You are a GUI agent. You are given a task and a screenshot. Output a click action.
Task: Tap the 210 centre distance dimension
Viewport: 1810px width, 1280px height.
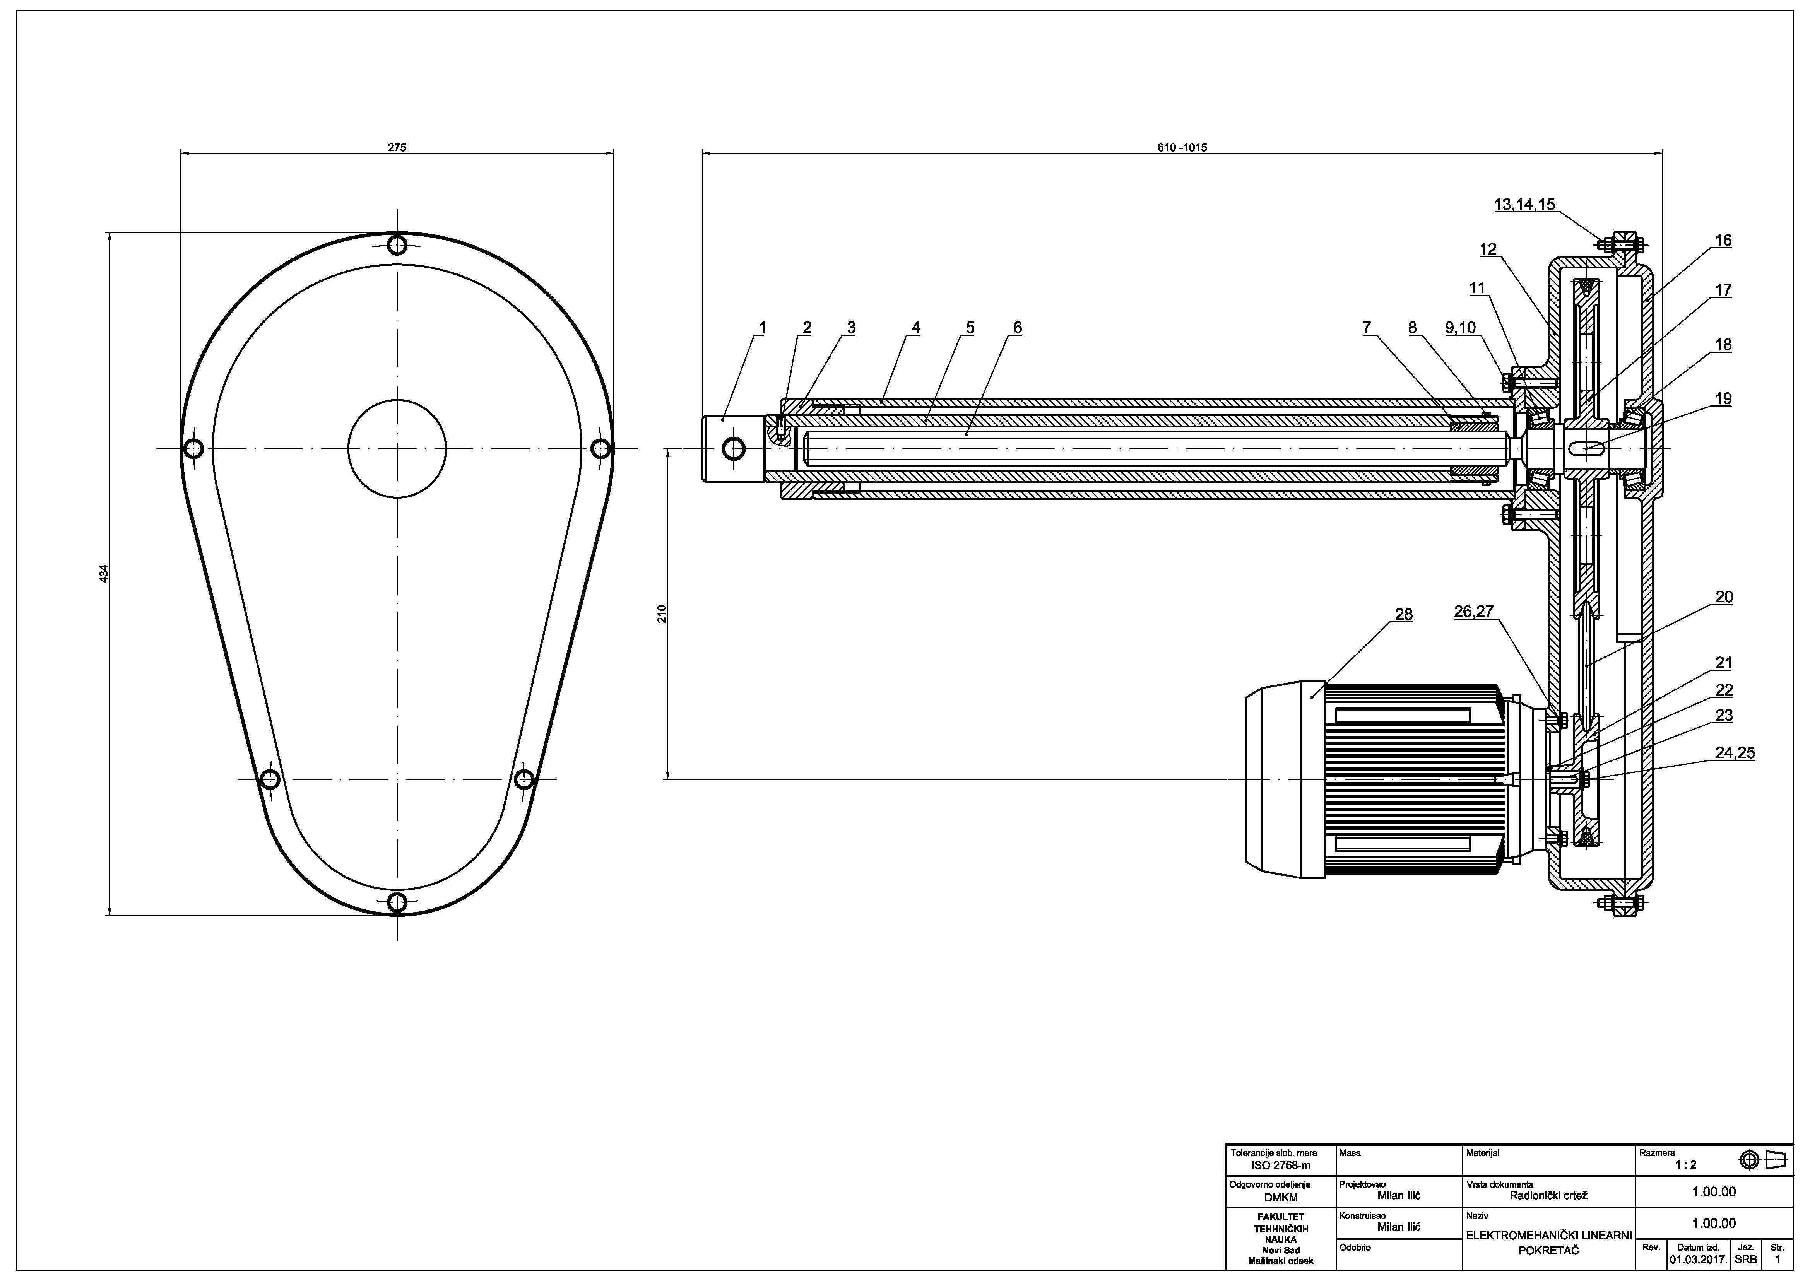tap(662, 614)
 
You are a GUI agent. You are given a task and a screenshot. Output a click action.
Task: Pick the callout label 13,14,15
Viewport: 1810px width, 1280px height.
tap(1524, 205)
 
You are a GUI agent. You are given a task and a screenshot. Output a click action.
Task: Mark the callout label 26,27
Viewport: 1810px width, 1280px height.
tap(1473, 612)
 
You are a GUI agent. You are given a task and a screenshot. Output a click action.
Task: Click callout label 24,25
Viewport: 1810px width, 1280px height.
tap(1735, 753)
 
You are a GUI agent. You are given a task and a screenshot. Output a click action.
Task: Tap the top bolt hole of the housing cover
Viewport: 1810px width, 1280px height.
tap(397, 244)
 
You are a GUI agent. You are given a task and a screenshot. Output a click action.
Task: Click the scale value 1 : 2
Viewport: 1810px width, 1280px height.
tap(1686, 1164)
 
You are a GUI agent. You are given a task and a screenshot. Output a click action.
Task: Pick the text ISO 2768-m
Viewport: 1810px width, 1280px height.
tap(1281, 1165)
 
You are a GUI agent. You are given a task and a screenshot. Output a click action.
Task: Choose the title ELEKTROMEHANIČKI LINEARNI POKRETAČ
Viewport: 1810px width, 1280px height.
tap(1548, 1243)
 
